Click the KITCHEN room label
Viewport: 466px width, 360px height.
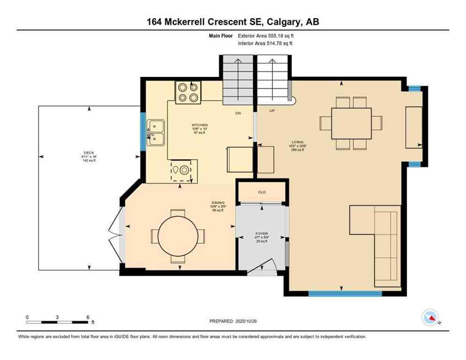[x=199, y=125]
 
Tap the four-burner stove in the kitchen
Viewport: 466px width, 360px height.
[x=188, y=92]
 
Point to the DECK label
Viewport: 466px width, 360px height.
[x=89, y=152]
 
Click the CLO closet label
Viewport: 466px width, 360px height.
[x=262, y=192]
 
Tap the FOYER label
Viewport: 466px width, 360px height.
[x=261, y=233]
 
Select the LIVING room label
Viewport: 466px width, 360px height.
[x=297, y=142]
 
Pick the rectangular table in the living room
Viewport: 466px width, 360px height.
[x=351, y=123]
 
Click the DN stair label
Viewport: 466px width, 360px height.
[x=238, y=113]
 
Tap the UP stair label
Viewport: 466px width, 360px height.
[x=272, y=111]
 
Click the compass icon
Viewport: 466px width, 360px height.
[x=430, y=318]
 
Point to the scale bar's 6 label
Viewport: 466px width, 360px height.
[x=88, y=317]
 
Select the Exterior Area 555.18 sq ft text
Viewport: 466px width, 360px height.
[x=266, y=36]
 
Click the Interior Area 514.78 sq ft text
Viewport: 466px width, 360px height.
[x=265, y=44]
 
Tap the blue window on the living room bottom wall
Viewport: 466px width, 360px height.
[x=345, y=293]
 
